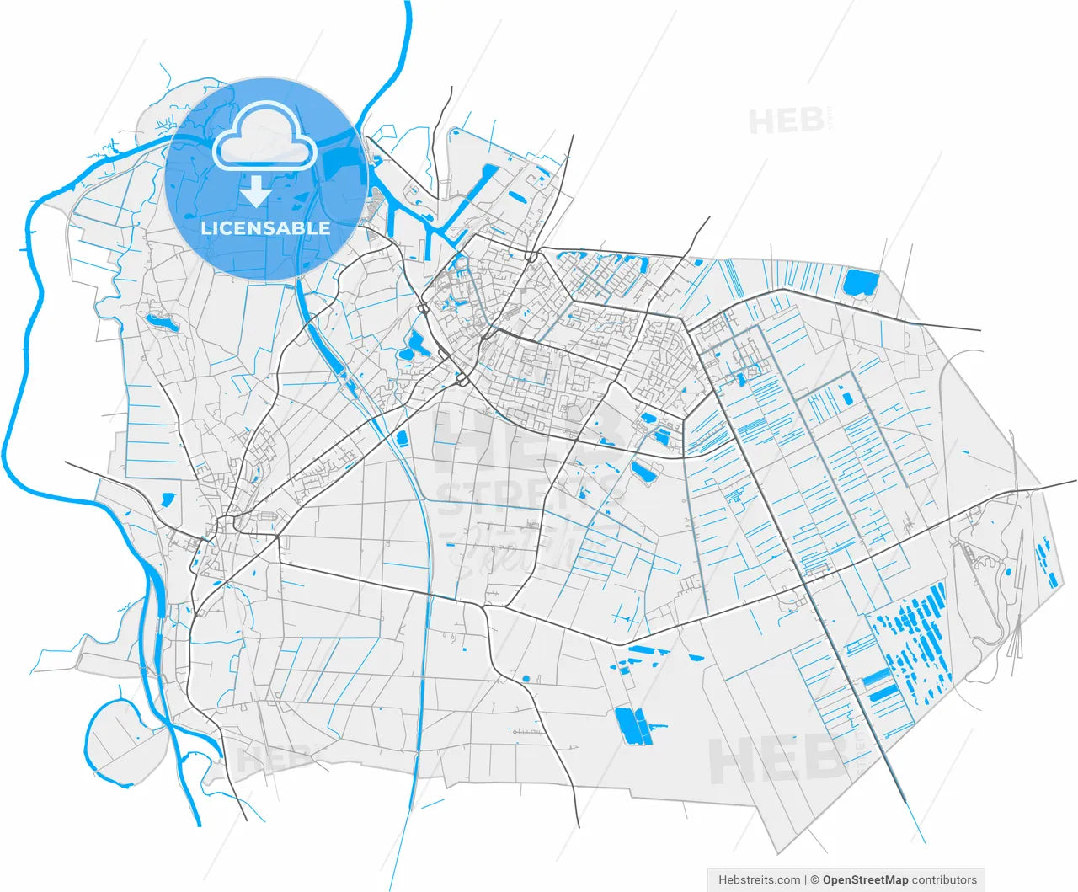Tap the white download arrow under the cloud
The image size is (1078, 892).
coord(257,193)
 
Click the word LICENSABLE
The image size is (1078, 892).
coord(265,228)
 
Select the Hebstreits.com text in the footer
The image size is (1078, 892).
coord(759,879)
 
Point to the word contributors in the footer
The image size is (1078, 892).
coord(944,879)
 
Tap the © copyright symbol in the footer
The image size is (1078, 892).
coord(814,879)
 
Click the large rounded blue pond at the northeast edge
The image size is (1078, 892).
coord(860,282)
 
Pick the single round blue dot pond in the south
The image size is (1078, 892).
coord(526,678)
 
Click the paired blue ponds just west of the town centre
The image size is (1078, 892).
coord(414,346)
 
